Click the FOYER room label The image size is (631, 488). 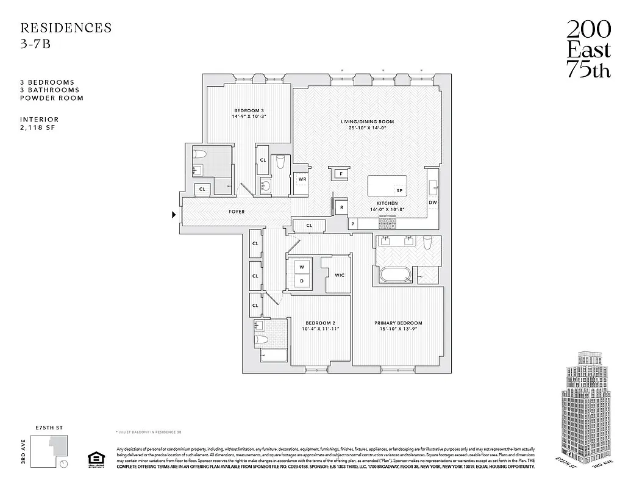click(x=237, y=212)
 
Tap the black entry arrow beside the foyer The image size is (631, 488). click(x=174, y=214)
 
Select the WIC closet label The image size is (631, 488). click(x=340, y=275)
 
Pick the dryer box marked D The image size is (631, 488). click(x=301, y=281)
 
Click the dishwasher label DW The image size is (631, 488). click(x=432, y=203)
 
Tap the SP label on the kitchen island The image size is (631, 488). click(x=399, y=191)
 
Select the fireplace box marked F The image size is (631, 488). click(x=340, y=174)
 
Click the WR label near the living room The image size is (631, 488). click(x=302, y=179)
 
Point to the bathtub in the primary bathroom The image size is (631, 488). click(x=397, y=274)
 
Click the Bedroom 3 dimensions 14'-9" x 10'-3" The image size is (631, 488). click(x=249, y=116)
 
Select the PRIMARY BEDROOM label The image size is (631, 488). click(x=398, y=323)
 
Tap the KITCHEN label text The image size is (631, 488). click(x=387, y=203)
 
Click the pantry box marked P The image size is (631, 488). click(x=353, y=224)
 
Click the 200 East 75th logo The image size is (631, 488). click(x=588, y=49)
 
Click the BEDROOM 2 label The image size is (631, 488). click(x=319, y=323)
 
